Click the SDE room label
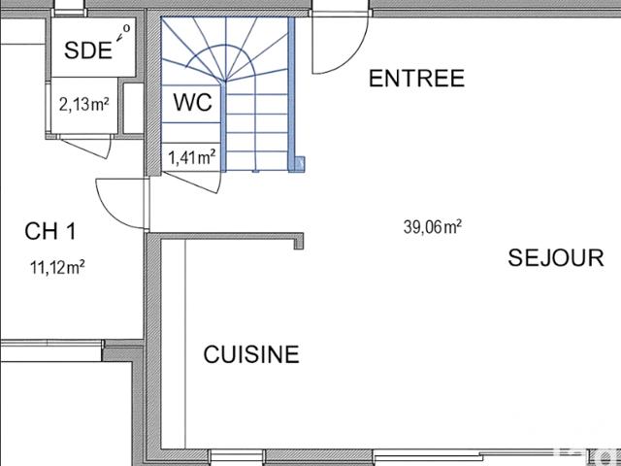[x=88, y=50]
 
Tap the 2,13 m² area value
[x=84, y=105]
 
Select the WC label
[x=193, y=102]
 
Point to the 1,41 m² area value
[x=192, y=157]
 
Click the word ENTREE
[x=416, y=78]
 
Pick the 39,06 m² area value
[x=433, y=227]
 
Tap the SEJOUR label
[x=556, y=257]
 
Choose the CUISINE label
[x=251, y=353]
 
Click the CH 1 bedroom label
[x=49, y=231]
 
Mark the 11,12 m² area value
[x=57, y=267]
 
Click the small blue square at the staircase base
[x=300, y=163]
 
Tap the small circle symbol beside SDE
[x=126, y=28]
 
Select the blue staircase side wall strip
[x=291, y=94]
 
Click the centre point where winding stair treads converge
[x=225, y=81]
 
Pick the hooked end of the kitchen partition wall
[x=299, y=242]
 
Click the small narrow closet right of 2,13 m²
[x=133, y=108]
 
